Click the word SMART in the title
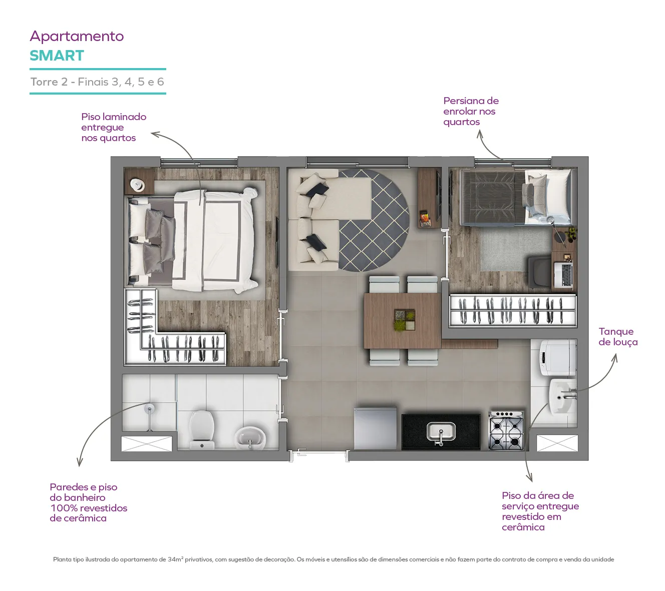click(x=57, y=56)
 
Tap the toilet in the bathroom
click(x=201, y=430)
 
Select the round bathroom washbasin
click(x=250, y=437)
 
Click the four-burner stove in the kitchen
click(x=505, y=430)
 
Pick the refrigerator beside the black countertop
click(x=375, y=428)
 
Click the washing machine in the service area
click(x=558, y=357)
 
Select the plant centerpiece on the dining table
click(x=405, y=320)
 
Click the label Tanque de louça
click(x=618, y=336)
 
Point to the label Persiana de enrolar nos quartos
click(x=471, y=111)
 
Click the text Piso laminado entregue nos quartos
click(x=114, y=127)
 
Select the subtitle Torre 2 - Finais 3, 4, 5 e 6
click(x=97, y=82)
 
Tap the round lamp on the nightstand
click(x=137, y=185)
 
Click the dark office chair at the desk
click(x=539, y=272)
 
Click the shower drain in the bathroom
click(x=150, y=408)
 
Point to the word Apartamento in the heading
click(x=77, y=37)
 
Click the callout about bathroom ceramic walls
click(x=88, y=502)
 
